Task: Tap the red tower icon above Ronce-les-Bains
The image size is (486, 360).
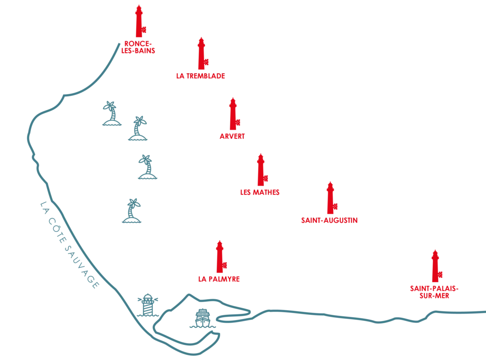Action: coord(139,21)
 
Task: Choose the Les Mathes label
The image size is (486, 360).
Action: coord(260,193)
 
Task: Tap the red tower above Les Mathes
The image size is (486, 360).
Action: coord(261,170)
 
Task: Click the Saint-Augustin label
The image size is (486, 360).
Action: coord(328,220)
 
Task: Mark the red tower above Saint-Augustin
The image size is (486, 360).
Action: coord(331,197)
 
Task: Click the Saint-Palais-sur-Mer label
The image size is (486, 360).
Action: coord(434,292)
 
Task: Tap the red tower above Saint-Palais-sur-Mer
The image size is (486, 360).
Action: coord(436,265)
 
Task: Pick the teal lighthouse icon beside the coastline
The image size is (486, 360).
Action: coord(149,305)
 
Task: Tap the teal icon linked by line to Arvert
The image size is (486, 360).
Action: coord(137,129)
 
